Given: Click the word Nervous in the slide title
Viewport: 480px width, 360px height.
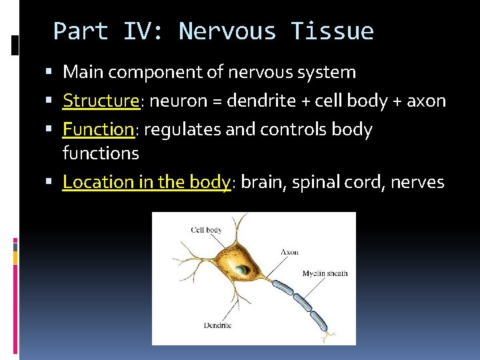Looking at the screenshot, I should coord(227,31).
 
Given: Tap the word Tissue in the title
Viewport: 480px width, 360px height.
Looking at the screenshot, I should coord(331,31).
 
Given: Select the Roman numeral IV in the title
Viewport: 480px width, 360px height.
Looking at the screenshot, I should coord(138,31).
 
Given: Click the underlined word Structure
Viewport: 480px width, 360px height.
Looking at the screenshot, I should coord(100,101).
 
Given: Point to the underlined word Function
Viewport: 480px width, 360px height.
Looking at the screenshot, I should coord(99,129).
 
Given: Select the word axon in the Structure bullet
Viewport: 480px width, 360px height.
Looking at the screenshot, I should coord(426,101).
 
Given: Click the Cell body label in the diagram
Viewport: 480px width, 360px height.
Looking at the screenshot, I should coord(206,230).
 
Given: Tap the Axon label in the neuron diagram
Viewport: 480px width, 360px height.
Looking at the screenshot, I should coord(289,252).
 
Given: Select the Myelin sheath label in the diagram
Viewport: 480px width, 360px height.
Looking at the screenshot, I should coord(325,273).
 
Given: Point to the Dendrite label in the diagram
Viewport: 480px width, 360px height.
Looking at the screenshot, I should coord(217,325).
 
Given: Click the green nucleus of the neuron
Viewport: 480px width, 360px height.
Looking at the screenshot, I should coord(242,270).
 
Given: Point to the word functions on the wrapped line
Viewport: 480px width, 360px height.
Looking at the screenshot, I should coord(101,153).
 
